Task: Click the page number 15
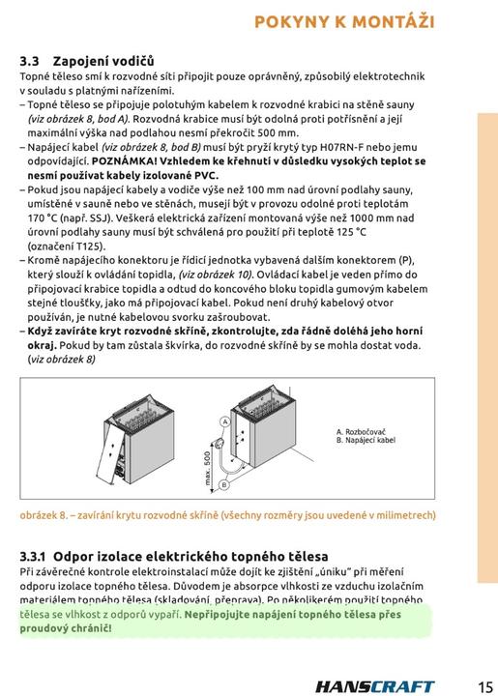coord(485,686)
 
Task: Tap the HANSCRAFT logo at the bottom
coord(375,686)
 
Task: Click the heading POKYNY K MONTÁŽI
coord(344,21)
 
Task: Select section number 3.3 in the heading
coord(29,61)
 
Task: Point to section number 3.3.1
coord(33,556)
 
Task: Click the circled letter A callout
coord(225,421)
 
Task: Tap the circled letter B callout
coord(223,484)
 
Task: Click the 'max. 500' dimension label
coord(207,469)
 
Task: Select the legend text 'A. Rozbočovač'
coord(361,432)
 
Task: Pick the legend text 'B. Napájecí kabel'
coord(366,440)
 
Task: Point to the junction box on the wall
coord(219,443)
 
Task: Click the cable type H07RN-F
coord(342,147)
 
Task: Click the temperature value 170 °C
coord(43,217)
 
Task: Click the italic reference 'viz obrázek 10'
coord(216,275)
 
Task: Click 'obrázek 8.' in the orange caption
coord(44,515)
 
